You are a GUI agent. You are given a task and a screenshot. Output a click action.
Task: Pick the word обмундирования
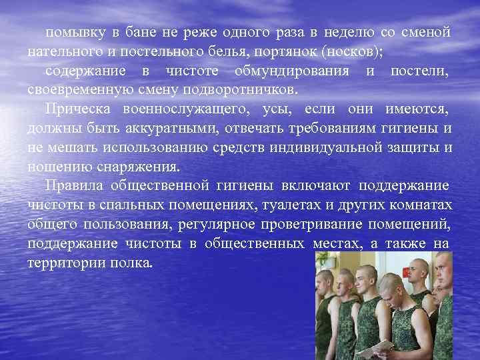(x=294, y=71)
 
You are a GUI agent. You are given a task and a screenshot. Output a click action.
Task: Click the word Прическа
(x=76, y=109)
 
